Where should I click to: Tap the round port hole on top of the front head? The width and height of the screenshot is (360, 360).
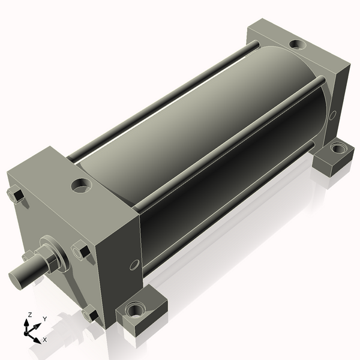pyautogui.click(x=81, y=185)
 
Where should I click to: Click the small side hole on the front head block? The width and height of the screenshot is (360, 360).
pyautogui.click(x=134, y=265)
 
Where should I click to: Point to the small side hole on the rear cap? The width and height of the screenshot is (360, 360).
pyautogui.click(x=333, y=115)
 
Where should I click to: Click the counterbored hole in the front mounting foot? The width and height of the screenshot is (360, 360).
pyautogui.click(x=136, y=310)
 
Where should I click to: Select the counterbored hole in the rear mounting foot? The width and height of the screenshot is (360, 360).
pyautogui.click(x=337, y=148)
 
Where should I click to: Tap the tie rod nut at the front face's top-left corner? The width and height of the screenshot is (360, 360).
pyautogui.click(x=16, y=194)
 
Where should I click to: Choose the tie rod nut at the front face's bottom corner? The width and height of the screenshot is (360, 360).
pyautogui.click(x=90, y=313)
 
